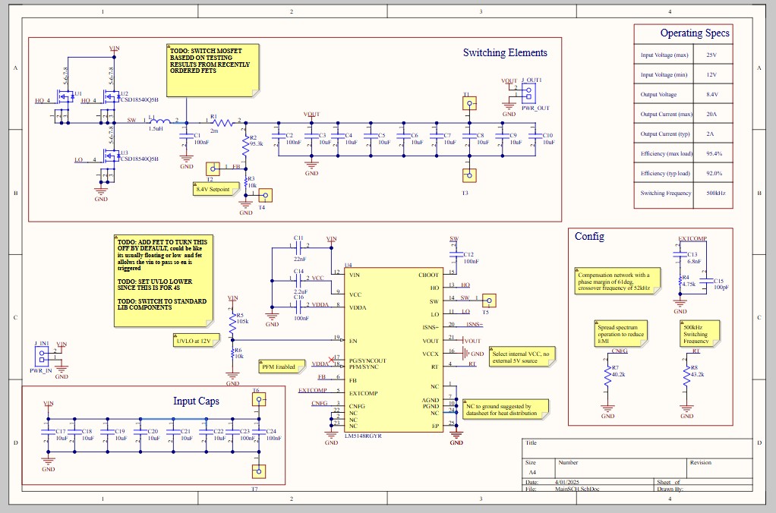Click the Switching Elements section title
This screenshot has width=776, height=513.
pos(505,53)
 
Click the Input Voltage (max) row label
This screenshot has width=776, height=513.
pos(664,55)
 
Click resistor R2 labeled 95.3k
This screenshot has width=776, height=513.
pos(244,143)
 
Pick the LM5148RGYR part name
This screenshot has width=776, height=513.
pos(362,436)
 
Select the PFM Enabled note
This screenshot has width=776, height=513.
pos(278,367)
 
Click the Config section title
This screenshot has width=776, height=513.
pos(589,236)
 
